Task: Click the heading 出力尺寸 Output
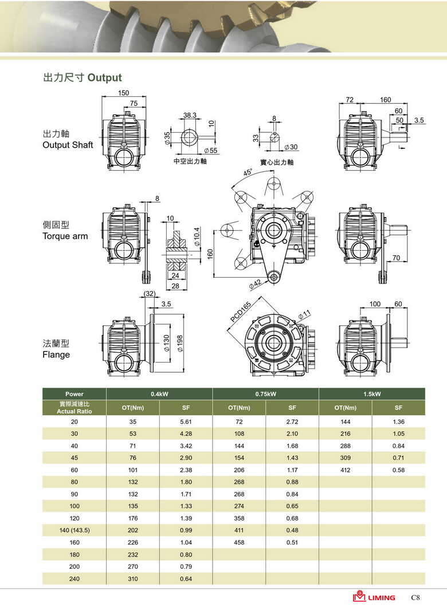pos(83,78)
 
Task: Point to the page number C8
pos(415,597)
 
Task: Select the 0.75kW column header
pos(265,394)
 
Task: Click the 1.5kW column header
pos(372,394)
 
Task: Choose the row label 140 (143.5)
pos(74,530)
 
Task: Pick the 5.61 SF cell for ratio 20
pos(186,421)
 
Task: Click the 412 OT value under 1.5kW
pos(345,470)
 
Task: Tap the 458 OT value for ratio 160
pos(239,542)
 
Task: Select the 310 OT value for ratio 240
pos(133,579)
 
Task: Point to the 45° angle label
pos(248,172)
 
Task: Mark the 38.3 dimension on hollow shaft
pos(190,116)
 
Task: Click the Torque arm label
pos(65,236)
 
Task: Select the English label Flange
pos(56,354)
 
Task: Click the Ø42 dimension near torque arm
pos(255,283)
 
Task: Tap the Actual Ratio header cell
pos(74,408)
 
